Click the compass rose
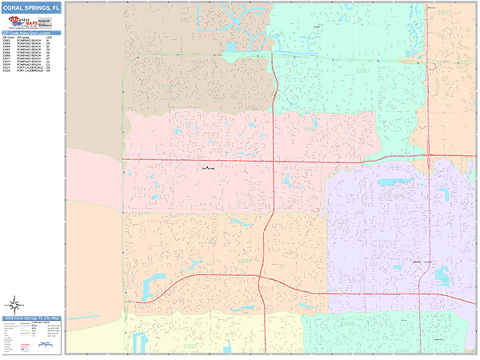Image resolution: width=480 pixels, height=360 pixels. tap(14, 304)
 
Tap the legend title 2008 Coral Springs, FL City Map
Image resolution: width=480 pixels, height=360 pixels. tap(31, 318)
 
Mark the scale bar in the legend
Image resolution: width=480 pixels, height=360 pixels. tap(48, 346)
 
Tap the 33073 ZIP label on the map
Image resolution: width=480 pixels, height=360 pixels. tap(445, 14)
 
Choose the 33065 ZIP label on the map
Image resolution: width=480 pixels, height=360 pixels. tap(309, 127)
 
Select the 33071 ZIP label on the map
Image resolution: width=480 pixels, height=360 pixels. tap(243, 259)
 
